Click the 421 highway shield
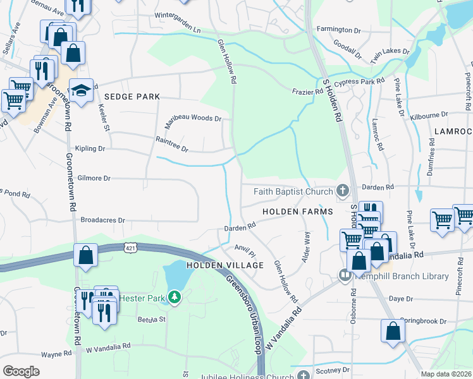coord(130,246)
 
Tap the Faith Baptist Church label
coord(294,191)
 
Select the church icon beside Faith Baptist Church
coord(343,190)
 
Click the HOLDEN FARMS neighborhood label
coord(298,212)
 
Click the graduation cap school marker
coord(82,92)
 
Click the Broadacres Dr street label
coord(103,220)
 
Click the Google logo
coord(21,371)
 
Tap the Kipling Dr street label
coord(89,148)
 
